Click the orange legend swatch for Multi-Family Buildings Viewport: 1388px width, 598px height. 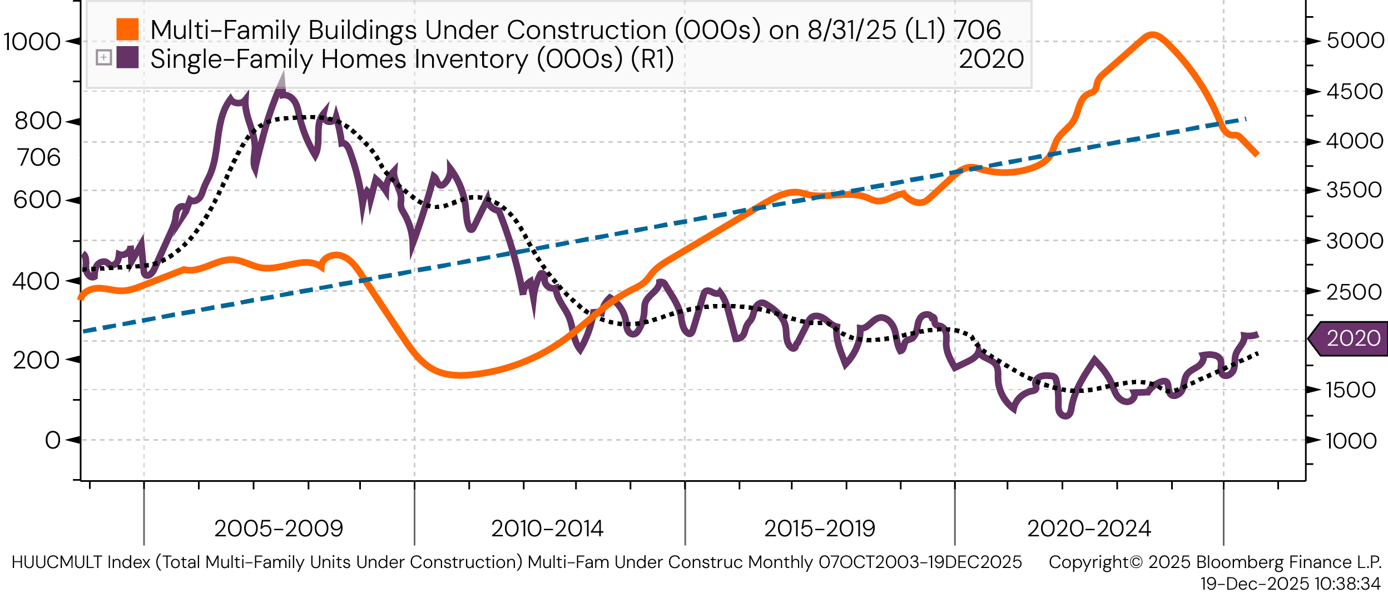127,29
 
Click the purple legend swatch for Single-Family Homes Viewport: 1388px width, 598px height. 127,58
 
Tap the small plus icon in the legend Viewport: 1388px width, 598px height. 104,57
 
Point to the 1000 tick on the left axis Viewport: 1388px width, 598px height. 32,42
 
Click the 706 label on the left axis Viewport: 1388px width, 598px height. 38,158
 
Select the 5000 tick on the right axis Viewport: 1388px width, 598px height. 1355,41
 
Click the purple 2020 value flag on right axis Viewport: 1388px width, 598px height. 1351,338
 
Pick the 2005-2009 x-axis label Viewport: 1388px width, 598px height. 279,529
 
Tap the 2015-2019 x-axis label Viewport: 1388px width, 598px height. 820,529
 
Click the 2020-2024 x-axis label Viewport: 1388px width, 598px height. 1089,529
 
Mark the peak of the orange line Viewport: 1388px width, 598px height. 1152,36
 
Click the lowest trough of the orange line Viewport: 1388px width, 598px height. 461,375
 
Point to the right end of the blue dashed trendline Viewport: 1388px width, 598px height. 1246,119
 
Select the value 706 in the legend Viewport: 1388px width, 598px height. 977,30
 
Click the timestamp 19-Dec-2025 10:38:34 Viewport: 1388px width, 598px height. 1290,584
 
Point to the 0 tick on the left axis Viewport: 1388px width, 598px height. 53,440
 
